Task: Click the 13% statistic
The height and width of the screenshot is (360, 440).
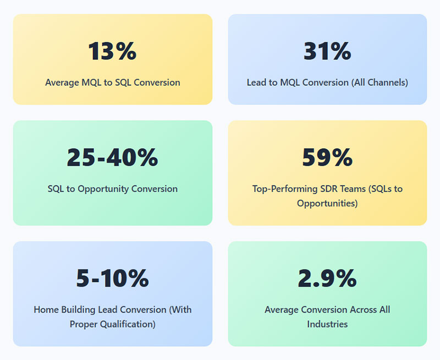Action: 112,51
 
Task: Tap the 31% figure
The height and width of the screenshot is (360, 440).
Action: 327,51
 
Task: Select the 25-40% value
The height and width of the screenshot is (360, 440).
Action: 112,157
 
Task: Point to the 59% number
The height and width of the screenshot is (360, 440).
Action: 327,157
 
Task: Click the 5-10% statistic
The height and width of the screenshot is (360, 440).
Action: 112,278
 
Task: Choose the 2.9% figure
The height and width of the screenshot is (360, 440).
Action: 327,278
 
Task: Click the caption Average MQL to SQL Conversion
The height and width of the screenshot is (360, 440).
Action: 112,83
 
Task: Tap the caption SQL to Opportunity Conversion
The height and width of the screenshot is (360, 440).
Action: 112,189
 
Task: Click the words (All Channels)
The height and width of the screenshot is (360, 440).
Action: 380,83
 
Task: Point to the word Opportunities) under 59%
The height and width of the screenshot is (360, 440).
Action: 327,203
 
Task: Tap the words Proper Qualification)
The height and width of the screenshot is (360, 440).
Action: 113,324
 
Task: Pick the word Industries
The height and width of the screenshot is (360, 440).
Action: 327,324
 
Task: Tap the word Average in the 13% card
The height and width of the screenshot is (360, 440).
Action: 62,83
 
